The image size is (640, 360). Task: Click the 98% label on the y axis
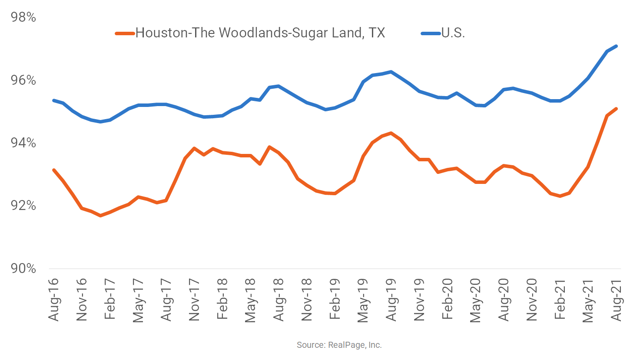click(23, 17)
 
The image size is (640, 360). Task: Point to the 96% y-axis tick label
click(23, 80)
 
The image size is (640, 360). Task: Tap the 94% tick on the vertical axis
click(23, 143)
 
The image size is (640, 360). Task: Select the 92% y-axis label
click(23, 206)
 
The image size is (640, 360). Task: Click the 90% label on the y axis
click(23, 268)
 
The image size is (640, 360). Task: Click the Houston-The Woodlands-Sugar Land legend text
click(260, 33)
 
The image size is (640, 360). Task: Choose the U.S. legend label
click(453, 33)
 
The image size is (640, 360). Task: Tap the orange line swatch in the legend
click(125, 33)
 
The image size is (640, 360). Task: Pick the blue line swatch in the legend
click(431, 33)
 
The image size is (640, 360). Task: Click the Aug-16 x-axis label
click(54, 300)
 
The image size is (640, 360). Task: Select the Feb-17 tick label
click(110, 300)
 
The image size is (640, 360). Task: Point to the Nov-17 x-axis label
click(194, 300)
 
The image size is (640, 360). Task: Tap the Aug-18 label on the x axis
click(279, 300)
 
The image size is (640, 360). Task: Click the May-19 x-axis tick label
click(363, 300)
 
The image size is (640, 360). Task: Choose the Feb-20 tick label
click(448, 300)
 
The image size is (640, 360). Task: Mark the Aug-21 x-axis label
click(616, 300)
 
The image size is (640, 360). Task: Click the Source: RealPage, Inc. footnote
click(339, 345)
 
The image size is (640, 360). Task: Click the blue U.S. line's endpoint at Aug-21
click(616, 46)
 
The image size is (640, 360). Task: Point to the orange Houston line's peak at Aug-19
click(391, 133)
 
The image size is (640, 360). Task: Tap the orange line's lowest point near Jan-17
click(100, 215)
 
